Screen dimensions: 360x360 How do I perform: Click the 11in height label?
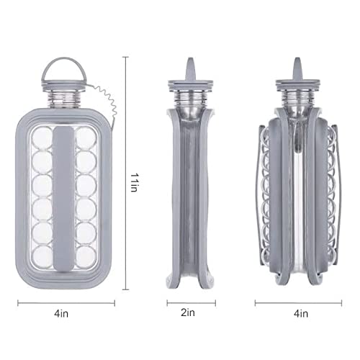point(133,182)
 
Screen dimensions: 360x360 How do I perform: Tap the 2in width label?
point(188,312)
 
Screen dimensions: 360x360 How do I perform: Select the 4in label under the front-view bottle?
point(61,313)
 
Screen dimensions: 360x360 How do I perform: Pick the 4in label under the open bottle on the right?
point(301,313)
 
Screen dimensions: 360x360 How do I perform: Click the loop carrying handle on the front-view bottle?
point(63,59)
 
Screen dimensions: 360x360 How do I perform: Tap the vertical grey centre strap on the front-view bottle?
point(63,199)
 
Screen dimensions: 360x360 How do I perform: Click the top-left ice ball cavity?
point(42,138)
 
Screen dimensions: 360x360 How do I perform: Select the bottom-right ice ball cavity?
point(86,257)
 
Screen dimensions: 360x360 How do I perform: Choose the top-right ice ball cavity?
point(86,138)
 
